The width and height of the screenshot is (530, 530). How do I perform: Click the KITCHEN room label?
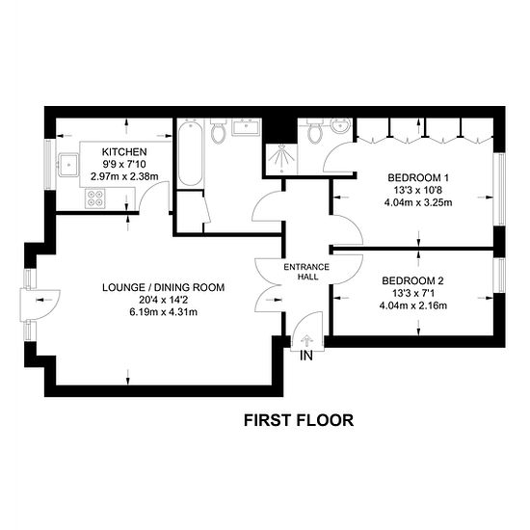[x=124, y=151]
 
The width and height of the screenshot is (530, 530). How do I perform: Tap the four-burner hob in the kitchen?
[x=95, y=199]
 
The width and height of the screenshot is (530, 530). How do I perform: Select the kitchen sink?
[x=68, y=165]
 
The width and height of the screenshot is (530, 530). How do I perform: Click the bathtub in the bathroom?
[x=191, y=153]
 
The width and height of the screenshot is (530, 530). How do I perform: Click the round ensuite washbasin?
[x=340, y=126]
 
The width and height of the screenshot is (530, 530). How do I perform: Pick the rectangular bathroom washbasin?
[x=246, y=127]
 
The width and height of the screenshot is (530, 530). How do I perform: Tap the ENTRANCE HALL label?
[x=306, y=272]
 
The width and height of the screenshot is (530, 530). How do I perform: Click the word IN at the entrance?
[x=306, y=356]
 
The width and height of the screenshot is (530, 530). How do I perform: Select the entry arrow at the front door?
[x=306, y=340]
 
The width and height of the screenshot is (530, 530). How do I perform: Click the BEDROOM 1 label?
[x=418, y=177]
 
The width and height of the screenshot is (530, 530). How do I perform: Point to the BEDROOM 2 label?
[x=412, y=280]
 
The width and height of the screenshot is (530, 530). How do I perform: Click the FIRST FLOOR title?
[x=299, y=420]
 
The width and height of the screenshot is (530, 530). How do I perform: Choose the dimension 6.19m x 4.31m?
[x=164, y=311]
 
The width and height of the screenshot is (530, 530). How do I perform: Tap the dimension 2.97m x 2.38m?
[x=124, y=176]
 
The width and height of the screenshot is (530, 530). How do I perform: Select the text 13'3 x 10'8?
[x=418, y=190]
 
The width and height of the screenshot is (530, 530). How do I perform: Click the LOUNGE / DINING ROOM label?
[x=164, y=287]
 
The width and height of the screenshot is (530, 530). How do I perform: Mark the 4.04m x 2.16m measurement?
[x=413, y=305]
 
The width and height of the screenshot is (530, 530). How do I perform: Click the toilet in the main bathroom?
[x=219, y=130]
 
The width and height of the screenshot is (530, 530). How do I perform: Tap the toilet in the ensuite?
[x=315, y=131]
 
